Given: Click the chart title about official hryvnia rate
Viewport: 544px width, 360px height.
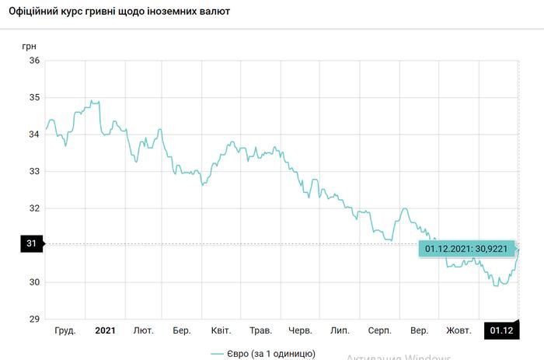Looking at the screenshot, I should (119, 13).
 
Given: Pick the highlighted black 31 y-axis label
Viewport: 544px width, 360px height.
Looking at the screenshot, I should (32, 244).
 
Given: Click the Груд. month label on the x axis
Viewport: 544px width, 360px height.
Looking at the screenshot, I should (65, 331).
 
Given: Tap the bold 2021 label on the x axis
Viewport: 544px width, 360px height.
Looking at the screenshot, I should (105, 331).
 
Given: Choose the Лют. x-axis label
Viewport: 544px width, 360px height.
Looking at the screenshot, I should (144, 331).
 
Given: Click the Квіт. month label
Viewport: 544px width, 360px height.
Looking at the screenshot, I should (221, 331).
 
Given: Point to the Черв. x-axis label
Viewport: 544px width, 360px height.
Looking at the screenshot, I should (300, 331).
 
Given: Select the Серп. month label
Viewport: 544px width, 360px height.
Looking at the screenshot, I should (379, 331).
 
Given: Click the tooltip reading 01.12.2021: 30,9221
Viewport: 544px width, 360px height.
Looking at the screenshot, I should (466, 248).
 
